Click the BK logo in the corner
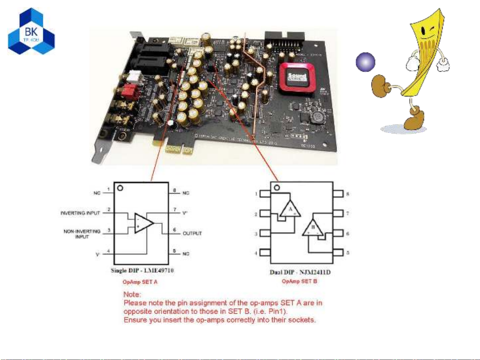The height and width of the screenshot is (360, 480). [31, 32]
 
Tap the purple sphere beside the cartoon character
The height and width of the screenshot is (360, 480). [365, 62]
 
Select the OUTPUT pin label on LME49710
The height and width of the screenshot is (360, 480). [192, 233]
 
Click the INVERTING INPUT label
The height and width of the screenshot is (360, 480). [80, 213]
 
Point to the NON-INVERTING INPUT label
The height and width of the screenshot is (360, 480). [82, 234]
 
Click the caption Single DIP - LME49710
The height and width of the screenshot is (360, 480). [142, 270]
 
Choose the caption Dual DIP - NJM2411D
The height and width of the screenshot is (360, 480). [300, 272]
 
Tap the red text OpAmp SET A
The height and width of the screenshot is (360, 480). [140, 282]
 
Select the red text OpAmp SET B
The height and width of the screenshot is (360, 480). [299, 281]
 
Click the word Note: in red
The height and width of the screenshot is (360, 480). [132, 294]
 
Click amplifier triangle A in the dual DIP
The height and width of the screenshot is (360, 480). [290, 209]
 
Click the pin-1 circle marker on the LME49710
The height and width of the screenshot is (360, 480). [121, 188]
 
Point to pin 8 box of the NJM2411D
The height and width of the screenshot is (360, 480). [338, 193]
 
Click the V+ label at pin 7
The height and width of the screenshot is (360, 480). [185, 213]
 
